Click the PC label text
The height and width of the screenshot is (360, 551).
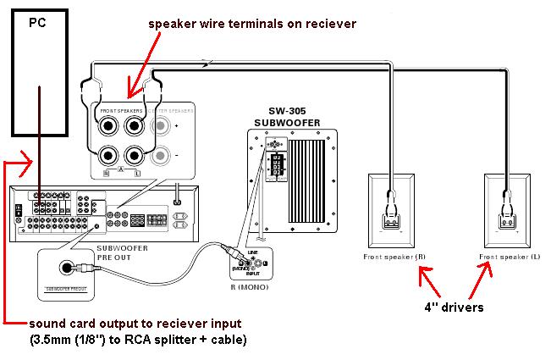[37, 23]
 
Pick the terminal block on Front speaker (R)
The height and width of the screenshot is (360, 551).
[391, 222]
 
